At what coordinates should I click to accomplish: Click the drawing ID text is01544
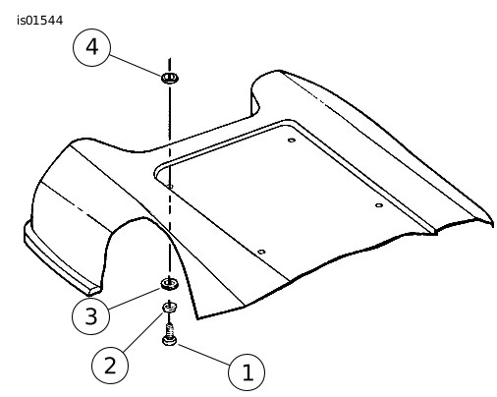click(x=40, y=21)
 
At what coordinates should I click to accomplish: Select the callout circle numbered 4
click(x=91, y=47)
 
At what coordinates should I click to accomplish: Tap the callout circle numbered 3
click(x=90, y=315)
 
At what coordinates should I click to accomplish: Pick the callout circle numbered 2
click(x=110, y=365)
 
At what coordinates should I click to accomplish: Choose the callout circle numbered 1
click(x=247, y=372)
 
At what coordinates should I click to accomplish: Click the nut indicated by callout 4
click(x=170, y=78)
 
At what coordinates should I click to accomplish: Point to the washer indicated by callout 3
click(x=169, y=284)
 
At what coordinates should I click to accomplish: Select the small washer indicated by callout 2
click(x=170, y=308)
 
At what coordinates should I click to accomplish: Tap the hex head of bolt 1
click(x=169, y=341)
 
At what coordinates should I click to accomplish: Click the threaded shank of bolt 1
click(x=169, y=330)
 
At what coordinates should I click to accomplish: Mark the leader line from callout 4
click(x=136, y=65)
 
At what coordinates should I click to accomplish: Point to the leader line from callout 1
click(x=204, y=355)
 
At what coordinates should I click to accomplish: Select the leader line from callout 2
click(x=143, y=331)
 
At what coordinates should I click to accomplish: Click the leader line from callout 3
click(x=135, y=298)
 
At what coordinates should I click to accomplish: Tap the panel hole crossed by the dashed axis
click(x=170, y=187)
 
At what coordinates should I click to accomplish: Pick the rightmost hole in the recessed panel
click(x=379, y=205)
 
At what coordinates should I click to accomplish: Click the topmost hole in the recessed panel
click(x=292, y=141)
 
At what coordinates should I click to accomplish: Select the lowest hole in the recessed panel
click(x=261, y=252)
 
